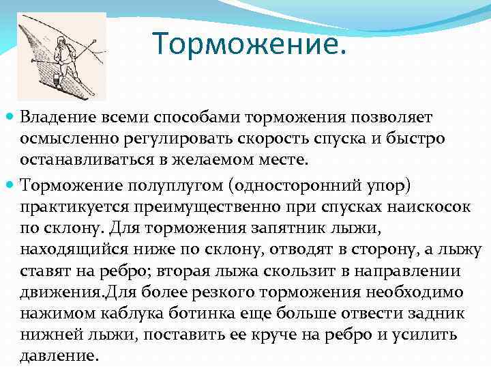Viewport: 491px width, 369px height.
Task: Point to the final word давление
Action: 59,356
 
